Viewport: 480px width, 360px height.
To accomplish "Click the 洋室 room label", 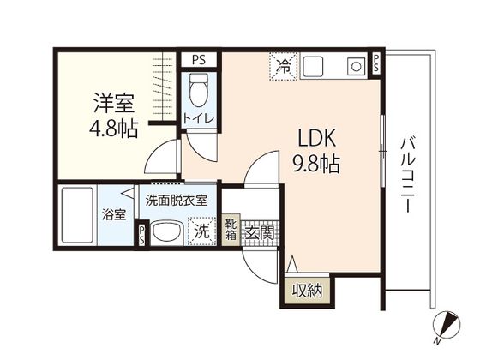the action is pos(114,103).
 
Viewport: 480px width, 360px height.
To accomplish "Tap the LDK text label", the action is pos(317,138).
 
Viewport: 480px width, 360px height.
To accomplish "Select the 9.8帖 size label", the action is pos(316,164).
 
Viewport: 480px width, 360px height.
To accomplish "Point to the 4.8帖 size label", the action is pos(113,129).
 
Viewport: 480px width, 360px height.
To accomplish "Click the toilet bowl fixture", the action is pos(198,90).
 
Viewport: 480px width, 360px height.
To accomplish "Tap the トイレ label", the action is pos(198,118).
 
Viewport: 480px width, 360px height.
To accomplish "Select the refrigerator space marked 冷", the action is pos(284,67).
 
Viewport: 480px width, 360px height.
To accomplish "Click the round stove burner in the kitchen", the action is pos(356,67).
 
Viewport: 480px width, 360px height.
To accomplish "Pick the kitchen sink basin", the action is pos(313,66).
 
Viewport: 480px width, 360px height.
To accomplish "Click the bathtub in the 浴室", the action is pos(77,215).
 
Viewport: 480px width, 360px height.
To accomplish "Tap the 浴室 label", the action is pos(114,214).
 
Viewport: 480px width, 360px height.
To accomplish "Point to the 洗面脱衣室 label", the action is pos(177,201).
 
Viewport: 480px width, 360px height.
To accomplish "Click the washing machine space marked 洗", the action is pos(202,231).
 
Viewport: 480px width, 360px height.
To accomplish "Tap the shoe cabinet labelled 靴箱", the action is pos(231,230).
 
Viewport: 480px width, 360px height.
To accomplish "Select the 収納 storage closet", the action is pos(307,291).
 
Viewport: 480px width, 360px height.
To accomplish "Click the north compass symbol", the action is pos(446,326).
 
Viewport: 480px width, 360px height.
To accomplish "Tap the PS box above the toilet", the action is pos(199,59).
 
